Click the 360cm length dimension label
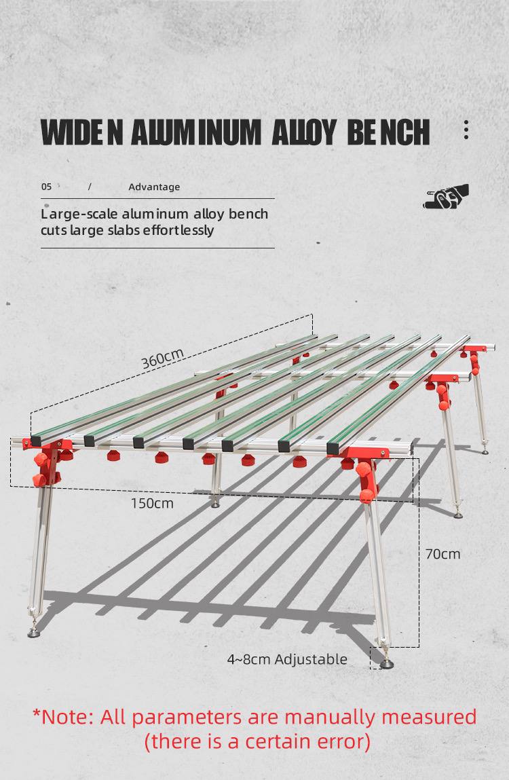pos(163,358)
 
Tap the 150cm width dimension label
pos(152,504)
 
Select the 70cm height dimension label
pos(442,554)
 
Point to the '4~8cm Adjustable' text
pos(287,660)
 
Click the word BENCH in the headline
pos(388,132)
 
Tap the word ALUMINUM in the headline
pos(196,132)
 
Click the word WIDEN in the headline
pos(81,132)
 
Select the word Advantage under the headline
pos(154,187)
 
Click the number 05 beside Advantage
pos(46,187)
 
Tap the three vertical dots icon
pos(466,130)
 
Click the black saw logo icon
pos(446,196)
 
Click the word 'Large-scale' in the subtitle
pos(79,215)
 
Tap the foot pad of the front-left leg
pos(33,633)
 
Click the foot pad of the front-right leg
pos(386,664)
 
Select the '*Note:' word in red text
pos(63,718)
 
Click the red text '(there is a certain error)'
pos(257,742)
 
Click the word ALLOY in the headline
pos(303,132)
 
